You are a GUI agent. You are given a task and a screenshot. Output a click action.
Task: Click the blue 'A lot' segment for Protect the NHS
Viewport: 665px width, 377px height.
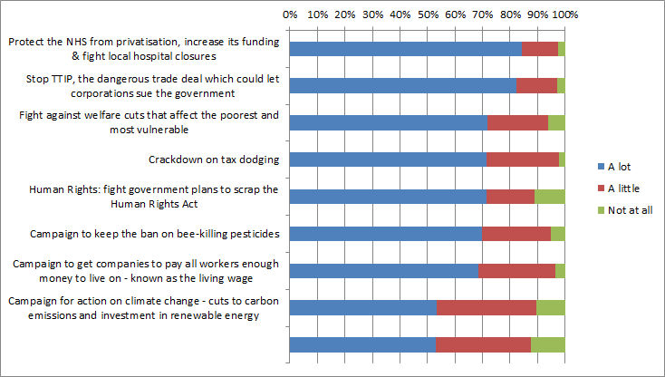(405, 49)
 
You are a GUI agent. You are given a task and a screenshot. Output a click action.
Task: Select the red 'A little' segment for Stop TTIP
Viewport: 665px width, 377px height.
(536, 86)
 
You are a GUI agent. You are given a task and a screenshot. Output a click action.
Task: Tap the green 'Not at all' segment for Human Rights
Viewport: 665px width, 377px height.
(549, 197)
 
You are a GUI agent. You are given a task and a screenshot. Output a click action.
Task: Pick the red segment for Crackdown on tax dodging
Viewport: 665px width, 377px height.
(523, 159)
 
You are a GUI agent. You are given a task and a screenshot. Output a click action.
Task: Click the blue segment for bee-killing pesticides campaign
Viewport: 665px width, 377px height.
(385, 234)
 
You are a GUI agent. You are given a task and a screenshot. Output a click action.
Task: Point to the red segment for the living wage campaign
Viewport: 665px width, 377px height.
(516, 270)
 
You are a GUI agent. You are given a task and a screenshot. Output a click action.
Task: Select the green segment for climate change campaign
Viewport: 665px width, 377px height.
(550, 307)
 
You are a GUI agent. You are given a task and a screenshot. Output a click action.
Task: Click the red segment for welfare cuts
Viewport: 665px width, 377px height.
(517, 123)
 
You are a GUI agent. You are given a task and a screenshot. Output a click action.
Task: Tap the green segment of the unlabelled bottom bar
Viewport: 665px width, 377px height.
(547, 344)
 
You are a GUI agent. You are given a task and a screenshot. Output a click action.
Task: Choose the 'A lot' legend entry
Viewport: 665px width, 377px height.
(618, 166)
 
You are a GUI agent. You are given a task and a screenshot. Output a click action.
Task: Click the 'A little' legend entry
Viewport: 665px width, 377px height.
(621, 188)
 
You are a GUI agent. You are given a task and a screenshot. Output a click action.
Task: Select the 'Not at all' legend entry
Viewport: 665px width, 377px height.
(624, 209)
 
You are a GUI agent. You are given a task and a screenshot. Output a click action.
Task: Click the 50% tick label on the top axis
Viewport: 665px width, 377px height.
(428, 14)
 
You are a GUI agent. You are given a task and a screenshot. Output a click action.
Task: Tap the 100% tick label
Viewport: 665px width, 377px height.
(564, 14)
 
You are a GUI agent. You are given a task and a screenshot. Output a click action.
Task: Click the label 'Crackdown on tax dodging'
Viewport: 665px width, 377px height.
(213, 160)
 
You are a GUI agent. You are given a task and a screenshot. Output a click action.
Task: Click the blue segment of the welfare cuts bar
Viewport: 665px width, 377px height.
(388, 123)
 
